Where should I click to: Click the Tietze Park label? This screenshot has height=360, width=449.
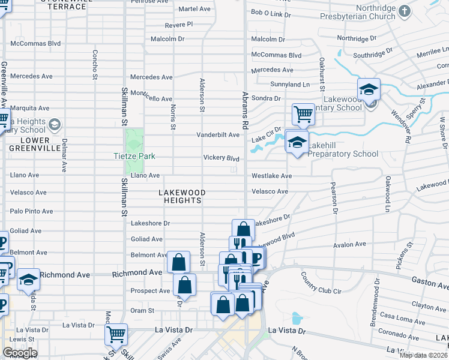click(134, 157)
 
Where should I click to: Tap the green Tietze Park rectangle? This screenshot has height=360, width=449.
click(134, 141)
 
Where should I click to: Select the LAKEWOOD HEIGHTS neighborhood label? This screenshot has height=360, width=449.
click(182, 197)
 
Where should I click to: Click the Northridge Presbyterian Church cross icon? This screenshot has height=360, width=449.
click(405, 11)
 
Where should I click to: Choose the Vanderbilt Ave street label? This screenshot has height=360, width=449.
click(218, 135)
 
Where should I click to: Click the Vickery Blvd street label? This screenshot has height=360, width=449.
click(221, 158)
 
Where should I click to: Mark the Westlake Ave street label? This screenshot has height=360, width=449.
click(271, 176)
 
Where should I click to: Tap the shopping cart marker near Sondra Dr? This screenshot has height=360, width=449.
click(304, 113)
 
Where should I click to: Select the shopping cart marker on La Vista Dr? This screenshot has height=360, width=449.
click(116, 334)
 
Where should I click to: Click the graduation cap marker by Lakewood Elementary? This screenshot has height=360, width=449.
click(369, 89)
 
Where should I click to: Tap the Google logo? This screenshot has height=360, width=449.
click(19, 353)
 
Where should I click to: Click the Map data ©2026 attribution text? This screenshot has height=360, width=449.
click(423, 355)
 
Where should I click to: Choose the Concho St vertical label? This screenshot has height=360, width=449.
click(95, 64)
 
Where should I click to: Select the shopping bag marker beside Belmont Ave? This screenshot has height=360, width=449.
click(178, 262)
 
